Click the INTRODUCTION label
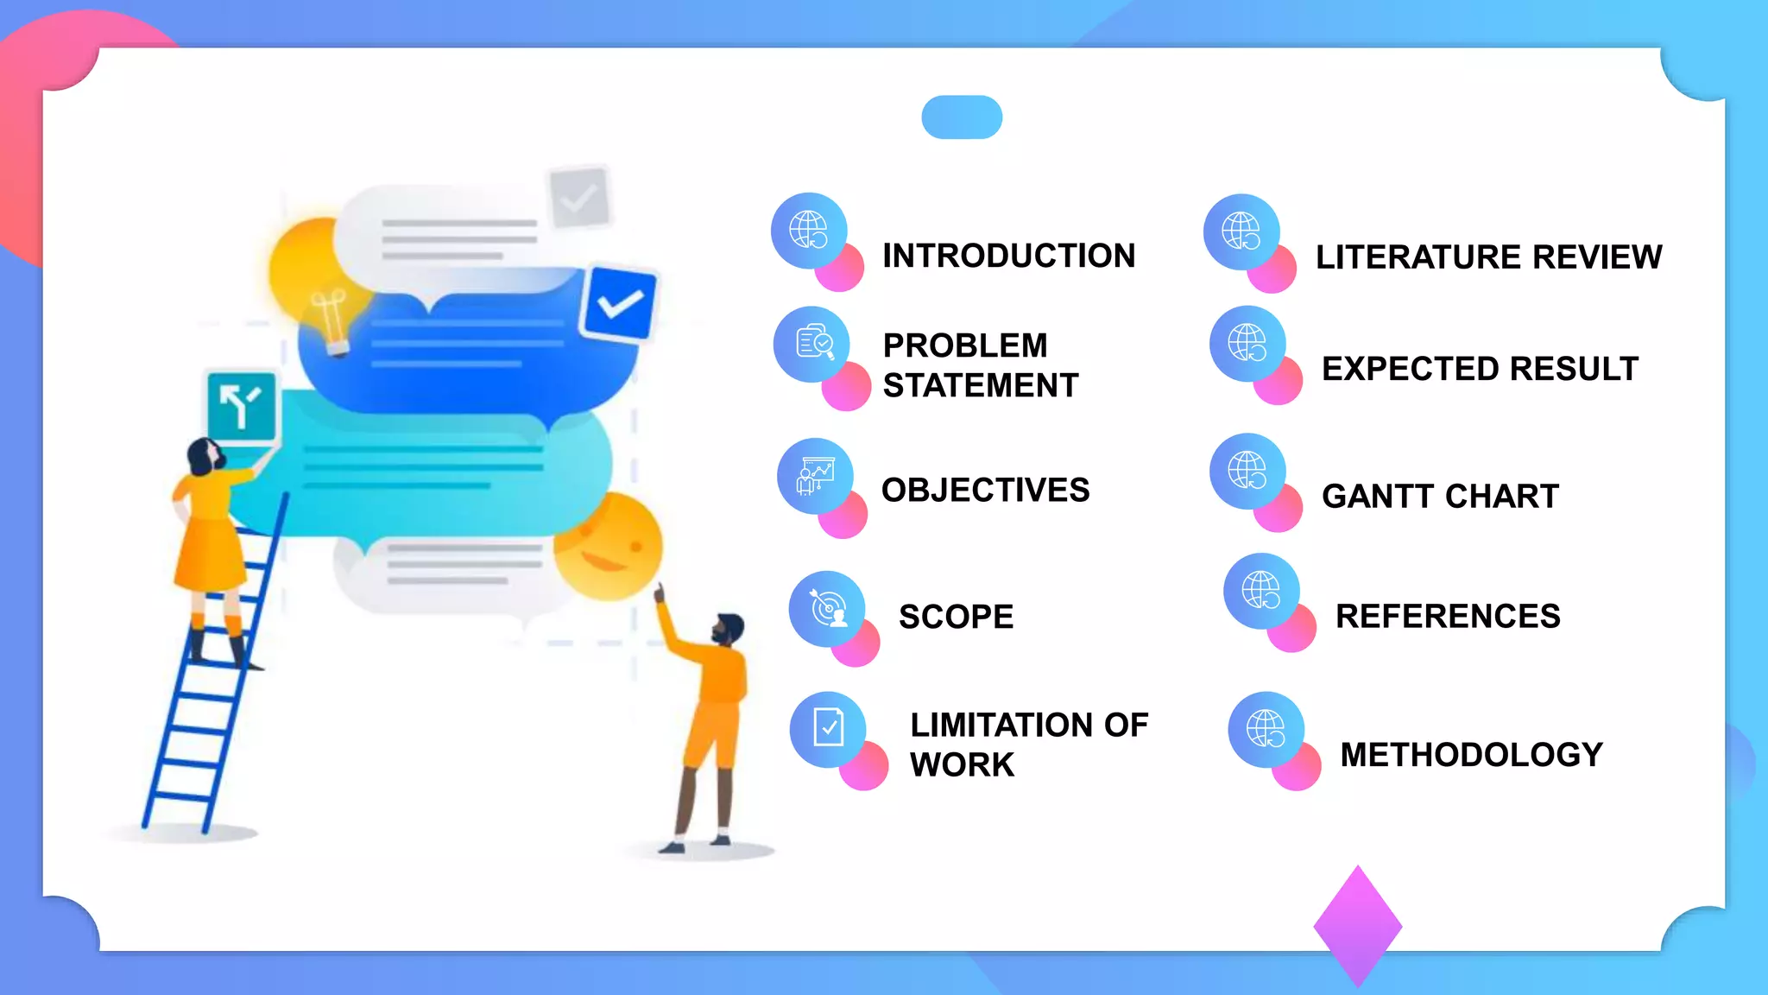tap(1008, 256)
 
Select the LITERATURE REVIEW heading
tap(1488, 257)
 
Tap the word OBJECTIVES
tap(985, 490)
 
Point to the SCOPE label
tap(956, 617)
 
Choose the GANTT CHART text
tap(1440, 497)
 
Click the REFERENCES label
tap(1448, 616)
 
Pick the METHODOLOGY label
tap(1471, 754)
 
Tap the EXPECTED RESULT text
tap(1480, 369)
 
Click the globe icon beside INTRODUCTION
tap(809, 230)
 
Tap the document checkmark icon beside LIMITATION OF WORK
tap(828, 728)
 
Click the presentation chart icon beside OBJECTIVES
tap(815, 476)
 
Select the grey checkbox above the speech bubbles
tap(579, 198)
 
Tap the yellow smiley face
tap(609, 547)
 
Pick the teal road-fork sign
tap(242, 406)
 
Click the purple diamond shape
tap(1357, 926)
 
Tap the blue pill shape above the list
tap(962, 117)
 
